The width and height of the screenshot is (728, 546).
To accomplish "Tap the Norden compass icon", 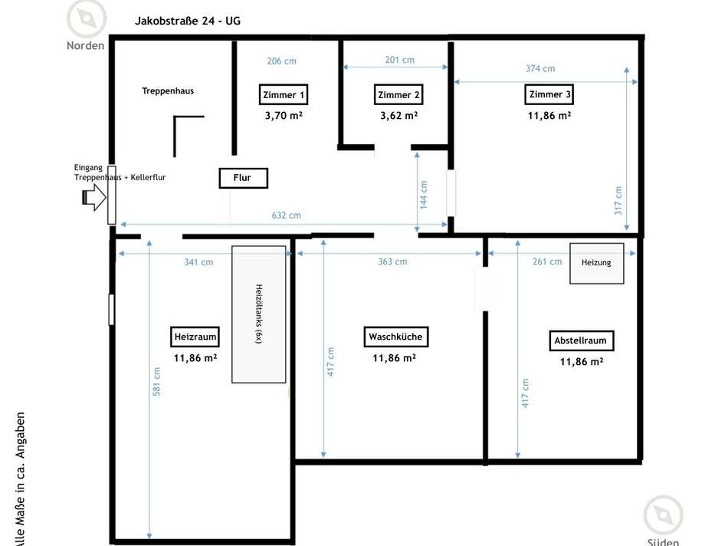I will point(86,19).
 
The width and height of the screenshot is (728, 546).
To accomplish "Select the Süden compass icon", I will point(663,515).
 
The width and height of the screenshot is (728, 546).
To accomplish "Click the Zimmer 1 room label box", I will point(284,95).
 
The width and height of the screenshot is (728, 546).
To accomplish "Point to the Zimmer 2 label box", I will point(398,95).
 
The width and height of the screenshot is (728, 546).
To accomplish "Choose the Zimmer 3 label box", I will point(549,94).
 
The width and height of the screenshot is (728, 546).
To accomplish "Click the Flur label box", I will point(242,178).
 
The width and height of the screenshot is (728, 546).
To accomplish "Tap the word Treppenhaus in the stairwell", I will point(168,90).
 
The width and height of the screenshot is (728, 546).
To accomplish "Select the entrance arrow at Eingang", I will point(93,199).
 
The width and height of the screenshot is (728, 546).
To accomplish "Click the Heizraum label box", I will point(195,337).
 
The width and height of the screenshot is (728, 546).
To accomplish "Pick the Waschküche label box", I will point(395,337).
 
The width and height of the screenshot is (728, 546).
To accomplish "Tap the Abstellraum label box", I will point(583,341).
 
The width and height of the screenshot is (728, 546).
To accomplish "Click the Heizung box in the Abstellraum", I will point(596,263).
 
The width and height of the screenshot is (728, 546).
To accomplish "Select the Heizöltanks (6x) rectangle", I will point(259,314).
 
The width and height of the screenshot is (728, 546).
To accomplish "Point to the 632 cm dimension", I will point(285,215).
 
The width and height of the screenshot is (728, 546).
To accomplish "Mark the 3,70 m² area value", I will point(283,116).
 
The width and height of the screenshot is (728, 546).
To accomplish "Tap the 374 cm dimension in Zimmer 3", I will point(540,68).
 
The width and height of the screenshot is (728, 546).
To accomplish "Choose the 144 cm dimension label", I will point(424,194).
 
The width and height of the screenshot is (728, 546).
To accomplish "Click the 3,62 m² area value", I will point(398,116).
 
